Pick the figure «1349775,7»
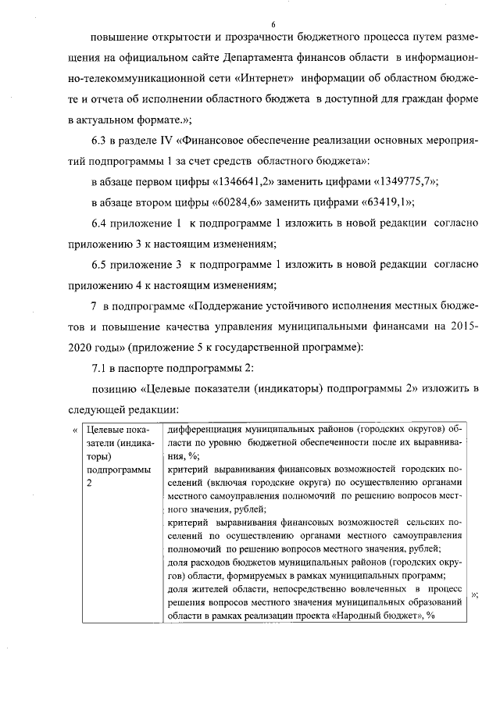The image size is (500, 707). click(394, 181)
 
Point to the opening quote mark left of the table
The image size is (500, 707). click(75, 430)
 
